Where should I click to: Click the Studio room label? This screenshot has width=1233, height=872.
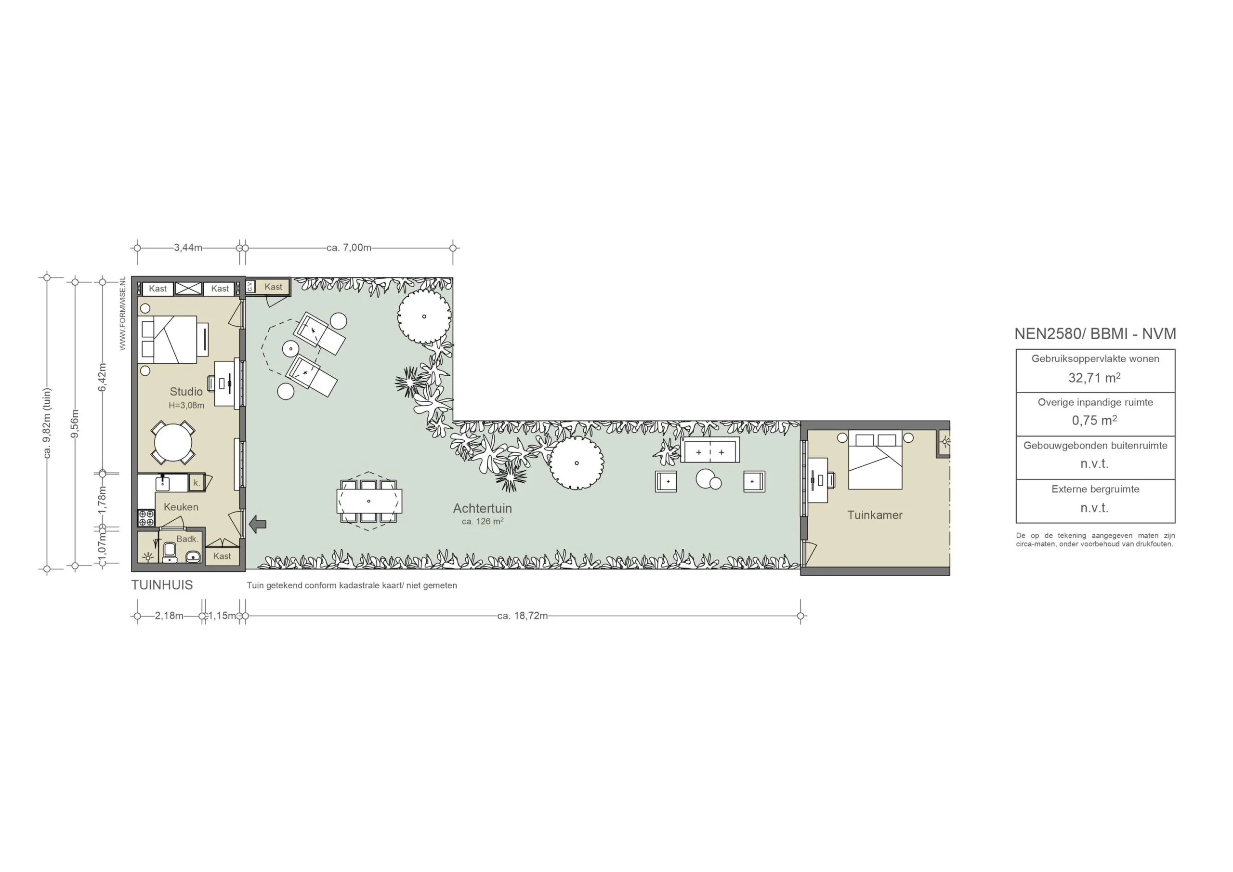point(186,392)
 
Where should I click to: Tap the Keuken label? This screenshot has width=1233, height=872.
point(181,507)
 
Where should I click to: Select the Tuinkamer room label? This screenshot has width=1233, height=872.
point(875,515)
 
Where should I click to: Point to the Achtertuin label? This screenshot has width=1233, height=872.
point(482,508)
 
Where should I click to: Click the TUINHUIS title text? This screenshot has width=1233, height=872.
point(162,585)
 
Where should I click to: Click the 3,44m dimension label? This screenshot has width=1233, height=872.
point(188,248)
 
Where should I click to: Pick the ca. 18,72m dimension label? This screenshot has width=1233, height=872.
point(523,616)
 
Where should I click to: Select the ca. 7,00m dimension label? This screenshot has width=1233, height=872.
point(349,248)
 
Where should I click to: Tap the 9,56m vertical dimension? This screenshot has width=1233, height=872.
point(75,423)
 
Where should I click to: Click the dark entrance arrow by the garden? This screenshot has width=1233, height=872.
point(258,524)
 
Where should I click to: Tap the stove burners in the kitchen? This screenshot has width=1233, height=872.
point(146,517)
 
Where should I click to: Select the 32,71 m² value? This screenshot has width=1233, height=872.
point(1094,378)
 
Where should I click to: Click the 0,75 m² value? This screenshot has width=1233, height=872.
point(1094,420)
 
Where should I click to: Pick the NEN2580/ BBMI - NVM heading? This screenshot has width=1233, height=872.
point(1095,334)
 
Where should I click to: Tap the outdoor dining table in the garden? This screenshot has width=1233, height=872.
point(369,501)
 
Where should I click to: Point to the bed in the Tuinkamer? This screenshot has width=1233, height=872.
point(875,461)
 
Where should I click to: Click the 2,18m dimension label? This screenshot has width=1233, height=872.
point(169,616)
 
